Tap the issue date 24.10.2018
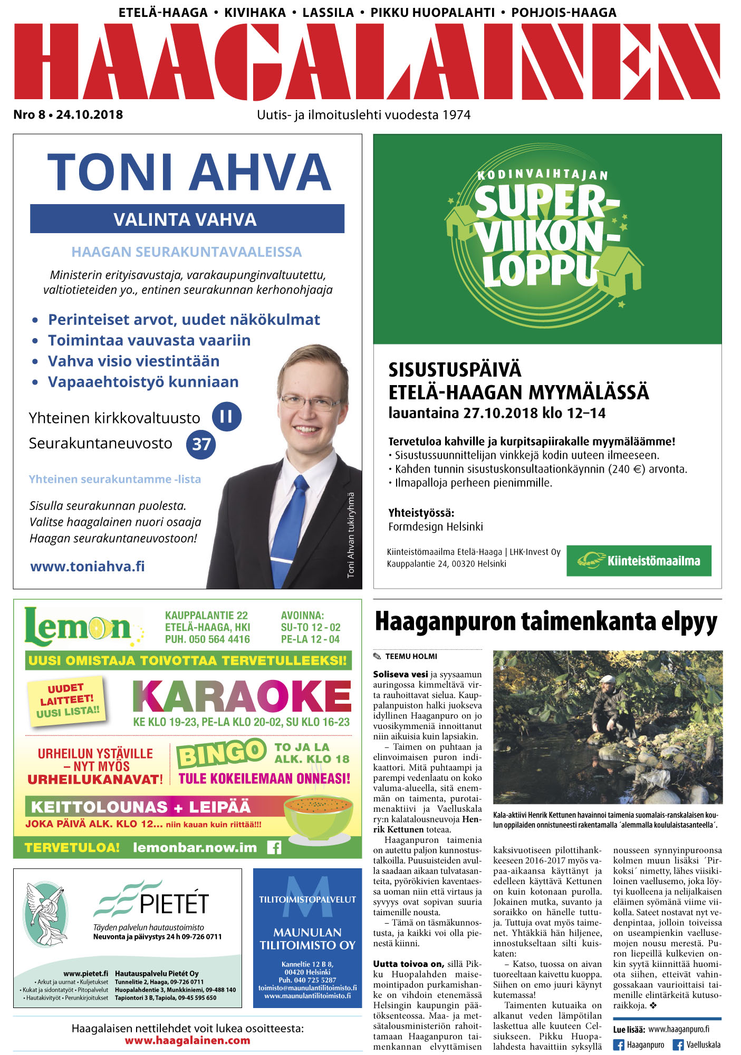(x=89, y=115)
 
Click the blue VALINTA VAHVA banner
(x=187, y=219)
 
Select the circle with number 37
(x=201, y=444)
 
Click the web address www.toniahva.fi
(x=88, y=567)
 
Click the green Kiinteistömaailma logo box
(x=639, y=560)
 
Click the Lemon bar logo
(x=79, y=627)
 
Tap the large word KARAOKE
(x=242, y=696)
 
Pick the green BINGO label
(x=221, y=753)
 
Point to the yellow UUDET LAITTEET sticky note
(x=67, y=701)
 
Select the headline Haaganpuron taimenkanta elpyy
(x=546, y=621)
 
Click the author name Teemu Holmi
(x=411, y=656)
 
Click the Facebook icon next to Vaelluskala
(x=678, y=1044)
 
